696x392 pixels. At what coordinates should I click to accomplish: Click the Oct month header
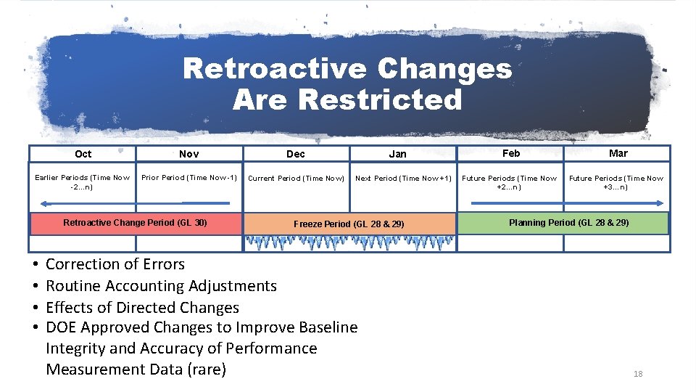pos(83,154)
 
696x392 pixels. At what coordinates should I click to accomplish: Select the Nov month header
pos(189,154)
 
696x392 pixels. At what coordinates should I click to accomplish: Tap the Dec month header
pos(296,154)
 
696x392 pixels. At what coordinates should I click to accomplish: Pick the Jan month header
pos(397,154)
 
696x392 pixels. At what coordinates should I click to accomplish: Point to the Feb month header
pos(511,153)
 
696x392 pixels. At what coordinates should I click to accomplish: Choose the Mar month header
pos(618,153)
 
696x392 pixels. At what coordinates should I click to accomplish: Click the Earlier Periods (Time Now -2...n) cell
pos(83,181)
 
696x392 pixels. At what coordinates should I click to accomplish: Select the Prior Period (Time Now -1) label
pos(189,177)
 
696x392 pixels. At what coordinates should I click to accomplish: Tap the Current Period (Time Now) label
pos(296,178)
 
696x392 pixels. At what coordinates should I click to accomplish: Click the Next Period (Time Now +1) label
pos(403,178)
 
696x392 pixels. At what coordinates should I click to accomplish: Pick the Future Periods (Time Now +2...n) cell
pos(510,182)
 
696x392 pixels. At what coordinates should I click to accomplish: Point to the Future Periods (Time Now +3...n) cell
pos(616,182)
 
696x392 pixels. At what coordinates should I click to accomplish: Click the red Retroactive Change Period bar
pos(135,223)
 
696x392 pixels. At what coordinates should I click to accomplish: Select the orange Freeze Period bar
pos(349,224)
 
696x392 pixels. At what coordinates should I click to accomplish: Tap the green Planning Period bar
pos(564,223)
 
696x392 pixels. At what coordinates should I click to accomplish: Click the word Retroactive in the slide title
pos(274,70)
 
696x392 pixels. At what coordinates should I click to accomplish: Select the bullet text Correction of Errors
pos(115,264)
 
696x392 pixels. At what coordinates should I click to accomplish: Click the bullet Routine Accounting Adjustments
pos(161,286)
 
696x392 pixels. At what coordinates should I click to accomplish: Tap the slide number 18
pos(638,374)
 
